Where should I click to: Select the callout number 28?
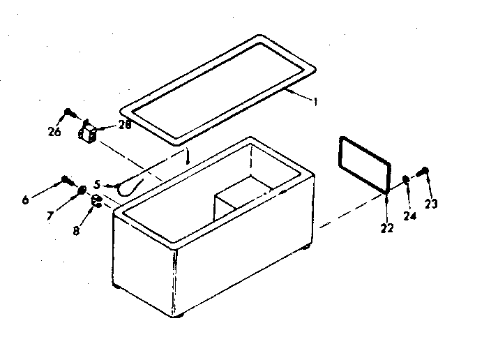point(124,126)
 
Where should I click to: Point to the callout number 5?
point(98,185)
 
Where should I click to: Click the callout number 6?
point(26,200)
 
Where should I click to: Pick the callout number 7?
point(50,216)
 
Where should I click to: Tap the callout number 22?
point(387,227)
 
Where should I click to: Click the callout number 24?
point(410,216)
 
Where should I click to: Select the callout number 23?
point(432,204)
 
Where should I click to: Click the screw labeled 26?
point(68,112)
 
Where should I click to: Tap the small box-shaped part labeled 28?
point(88,134)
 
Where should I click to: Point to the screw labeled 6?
point(66,179)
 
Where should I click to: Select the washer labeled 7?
point(82,189)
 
